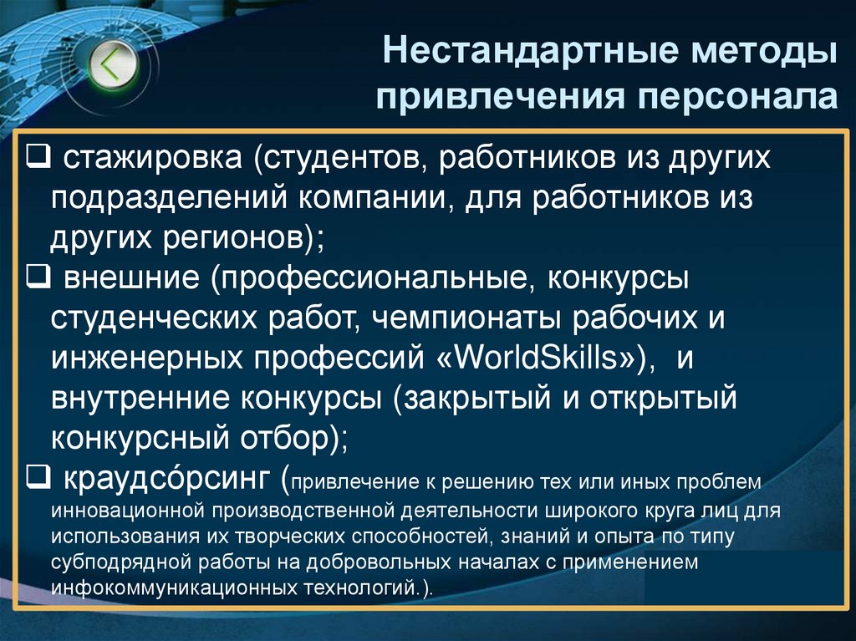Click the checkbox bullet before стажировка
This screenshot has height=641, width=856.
pos(37,156)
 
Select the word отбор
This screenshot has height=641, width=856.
pos(283,438)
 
